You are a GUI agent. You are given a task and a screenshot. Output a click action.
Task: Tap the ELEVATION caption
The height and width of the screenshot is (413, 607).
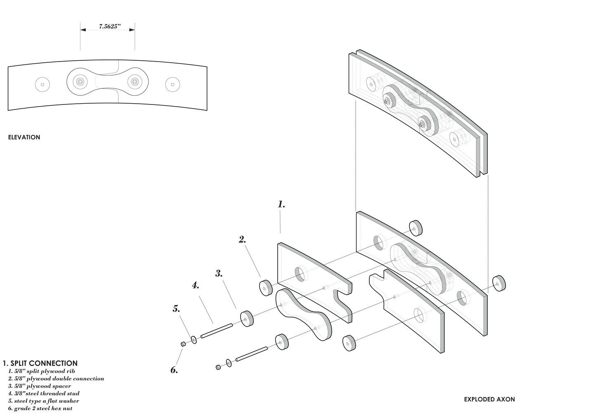24,137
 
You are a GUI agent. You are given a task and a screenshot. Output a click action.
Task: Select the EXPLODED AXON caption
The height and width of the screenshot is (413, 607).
489,399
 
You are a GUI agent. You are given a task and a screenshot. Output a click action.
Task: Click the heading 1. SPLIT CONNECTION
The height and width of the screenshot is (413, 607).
40,363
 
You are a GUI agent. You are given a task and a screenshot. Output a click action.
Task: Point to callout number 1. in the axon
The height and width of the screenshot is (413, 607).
281,204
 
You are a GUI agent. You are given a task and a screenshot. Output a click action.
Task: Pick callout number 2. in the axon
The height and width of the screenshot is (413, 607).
242,240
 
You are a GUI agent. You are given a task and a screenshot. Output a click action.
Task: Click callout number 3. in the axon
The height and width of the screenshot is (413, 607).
219,273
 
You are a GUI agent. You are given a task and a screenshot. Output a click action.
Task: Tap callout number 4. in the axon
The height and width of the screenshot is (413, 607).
196,285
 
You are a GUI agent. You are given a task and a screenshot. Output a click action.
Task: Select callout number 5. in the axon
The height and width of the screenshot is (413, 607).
176,309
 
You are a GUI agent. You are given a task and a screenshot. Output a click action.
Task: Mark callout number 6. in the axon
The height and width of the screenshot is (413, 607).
174,370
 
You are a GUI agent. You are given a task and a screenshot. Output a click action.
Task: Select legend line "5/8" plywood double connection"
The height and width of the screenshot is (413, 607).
56,378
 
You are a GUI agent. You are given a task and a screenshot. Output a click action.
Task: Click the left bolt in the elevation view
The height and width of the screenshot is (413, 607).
80,82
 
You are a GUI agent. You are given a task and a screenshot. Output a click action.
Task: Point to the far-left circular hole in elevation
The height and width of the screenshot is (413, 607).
43,85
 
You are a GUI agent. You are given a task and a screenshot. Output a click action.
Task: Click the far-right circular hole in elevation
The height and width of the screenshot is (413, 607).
172,85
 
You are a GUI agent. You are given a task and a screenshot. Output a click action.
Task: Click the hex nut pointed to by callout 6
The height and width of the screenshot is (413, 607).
183,344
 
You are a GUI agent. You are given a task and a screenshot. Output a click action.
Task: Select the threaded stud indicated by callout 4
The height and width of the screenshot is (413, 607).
217,331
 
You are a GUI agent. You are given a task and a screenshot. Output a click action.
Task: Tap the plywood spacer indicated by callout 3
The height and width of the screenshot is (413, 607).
247,318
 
